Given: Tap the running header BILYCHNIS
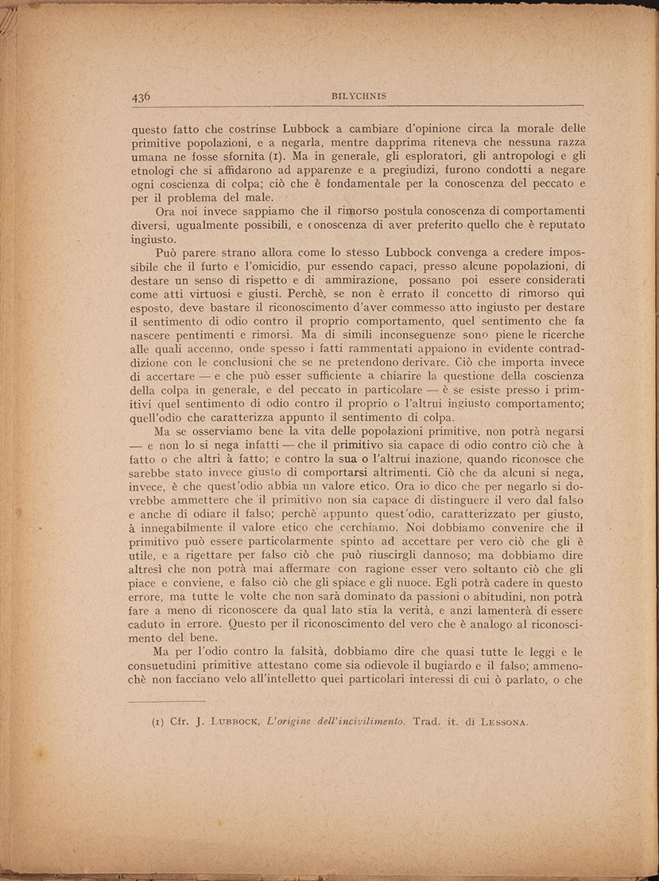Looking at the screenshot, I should click(358, 96).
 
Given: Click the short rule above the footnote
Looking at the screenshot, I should click(166, 701).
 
